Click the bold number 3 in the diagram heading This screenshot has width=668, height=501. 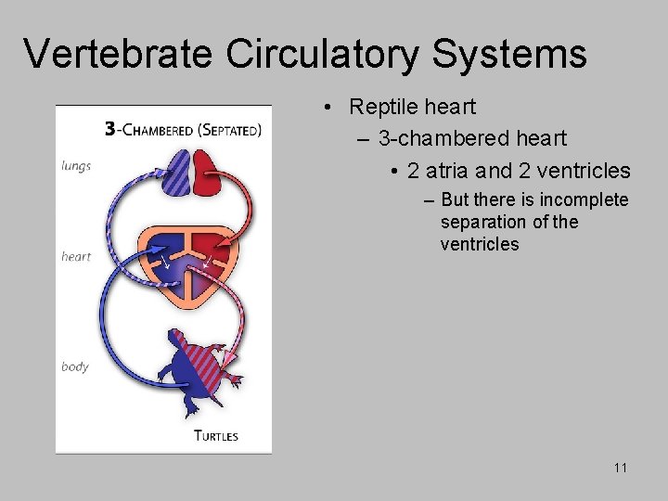[x=109, y=130]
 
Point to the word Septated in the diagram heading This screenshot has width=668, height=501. [x=229, y=131]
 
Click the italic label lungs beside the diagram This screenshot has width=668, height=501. [x=76, y=166]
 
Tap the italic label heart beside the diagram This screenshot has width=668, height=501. [x=76, y=256]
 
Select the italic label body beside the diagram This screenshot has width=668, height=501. [x=75, y=366]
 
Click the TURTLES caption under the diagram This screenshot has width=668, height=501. [x=215, y=435]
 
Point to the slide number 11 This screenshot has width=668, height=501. [x=620, y=468]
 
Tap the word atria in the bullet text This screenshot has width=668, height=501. [x=450, y=171]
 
